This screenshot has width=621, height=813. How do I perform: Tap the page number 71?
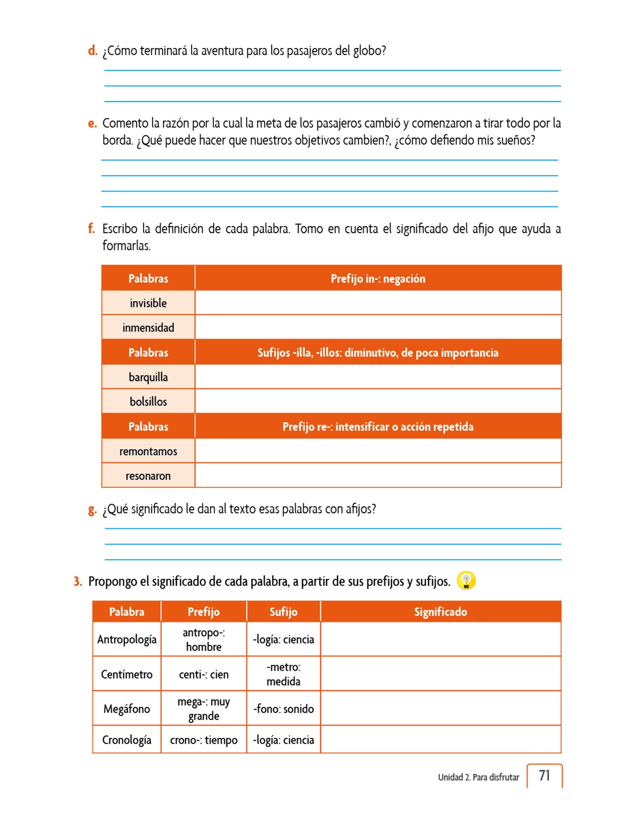point(544,775)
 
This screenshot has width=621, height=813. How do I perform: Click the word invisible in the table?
point(148,303)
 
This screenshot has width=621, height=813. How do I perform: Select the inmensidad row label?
point(148,328)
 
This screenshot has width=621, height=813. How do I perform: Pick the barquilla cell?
point(148,377)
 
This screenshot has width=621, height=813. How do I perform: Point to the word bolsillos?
point(148,401)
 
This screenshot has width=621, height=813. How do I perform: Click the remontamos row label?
point(148,451)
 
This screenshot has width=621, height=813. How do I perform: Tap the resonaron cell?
point(148,476)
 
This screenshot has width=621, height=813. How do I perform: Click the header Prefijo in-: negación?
point(378,278)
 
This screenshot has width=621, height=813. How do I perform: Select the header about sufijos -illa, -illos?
point(378,353)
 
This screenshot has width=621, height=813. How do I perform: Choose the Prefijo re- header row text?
point(378,426)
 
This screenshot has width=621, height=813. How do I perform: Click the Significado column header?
point(440,612)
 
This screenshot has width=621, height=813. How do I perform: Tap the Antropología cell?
point(127,640)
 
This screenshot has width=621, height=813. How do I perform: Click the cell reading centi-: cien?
point(204,674)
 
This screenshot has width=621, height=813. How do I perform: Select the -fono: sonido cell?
point(283,709)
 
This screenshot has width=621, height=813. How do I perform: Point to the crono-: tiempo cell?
point(204,740)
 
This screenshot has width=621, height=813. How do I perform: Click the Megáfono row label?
point(127,709)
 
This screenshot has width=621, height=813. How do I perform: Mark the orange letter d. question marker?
point(93,51)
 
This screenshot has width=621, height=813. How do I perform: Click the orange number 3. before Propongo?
point(78,582)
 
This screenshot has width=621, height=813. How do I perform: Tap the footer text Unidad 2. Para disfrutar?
point(478,777)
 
